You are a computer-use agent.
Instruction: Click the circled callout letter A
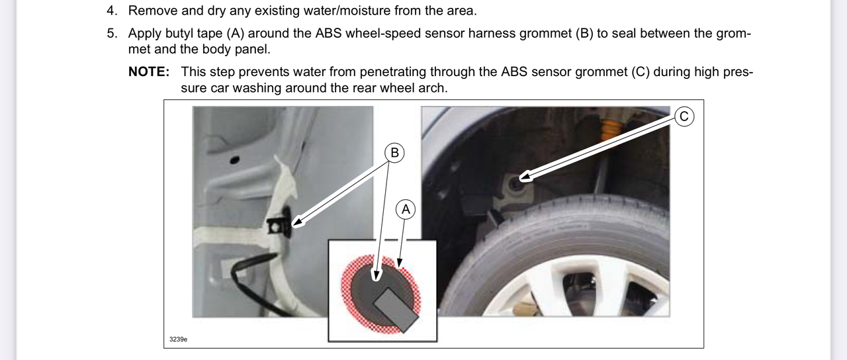(406, 209)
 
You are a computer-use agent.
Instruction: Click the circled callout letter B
(394, 153)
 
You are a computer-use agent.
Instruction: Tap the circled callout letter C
(684, 116)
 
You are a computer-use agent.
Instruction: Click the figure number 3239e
(178, 339)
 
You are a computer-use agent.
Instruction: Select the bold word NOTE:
(149, 72)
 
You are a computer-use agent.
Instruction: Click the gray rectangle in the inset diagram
(396, 310)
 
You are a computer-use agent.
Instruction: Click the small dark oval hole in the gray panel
(234, 160)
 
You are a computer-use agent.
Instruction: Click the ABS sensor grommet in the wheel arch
(515, 184)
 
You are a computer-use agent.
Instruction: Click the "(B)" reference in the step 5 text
(584, 34)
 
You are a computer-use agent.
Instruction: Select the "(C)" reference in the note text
(641, 72)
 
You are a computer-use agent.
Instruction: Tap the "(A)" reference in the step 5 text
(236, 34)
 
